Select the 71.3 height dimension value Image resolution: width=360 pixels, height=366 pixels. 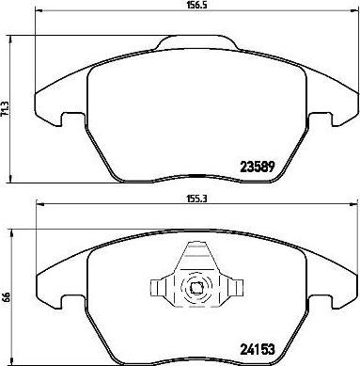pyautogui.click(x=5, y=109)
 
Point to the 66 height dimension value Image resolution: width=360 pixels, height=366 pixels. pyautogui.click(x=5, y=297)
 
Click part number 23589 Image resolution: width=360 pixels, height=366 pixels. pyautogui.click(x=258, y=167)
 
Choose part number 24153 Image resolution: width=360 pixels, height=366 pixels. pyautogui.click(x=258, y=348)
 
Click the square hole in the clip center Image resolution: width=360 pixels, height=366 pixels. pyautogui.click(x=196, y=288)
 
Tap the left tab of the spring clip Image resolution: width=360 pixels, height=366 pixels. pyautogui.click(x=158, y=288)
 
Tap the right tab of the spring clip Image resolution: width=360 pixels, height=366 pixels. pyautogui.click(x=236, y=288)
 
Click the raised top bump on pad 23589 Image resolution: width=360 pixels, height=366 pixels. pyautogui.click(x=196, y=42)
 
